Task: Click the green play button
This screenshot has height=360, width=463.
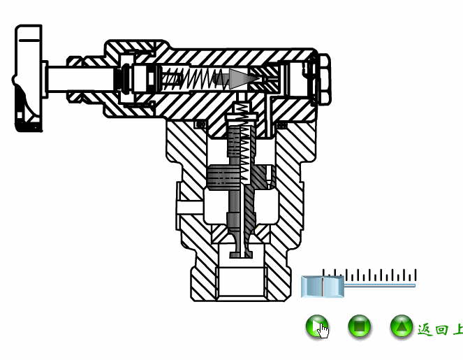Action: [x=316, y=326]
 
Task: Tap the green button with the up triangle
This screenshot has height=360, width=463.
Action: [x=401, y=326]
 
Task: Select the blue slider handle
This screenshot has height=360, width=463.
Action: [x=323, y=285]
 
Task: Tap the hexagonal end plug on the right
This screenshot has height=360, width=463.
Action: [x=323, y=78]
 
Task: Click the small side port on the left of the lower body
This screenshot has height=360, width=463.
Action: [x=187, y=208]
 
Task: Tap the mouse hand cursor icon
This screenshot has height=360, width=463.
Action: [x=323, y=330]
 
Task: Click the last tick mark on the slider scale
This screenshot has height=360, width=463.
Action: [x=416, y=275]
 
